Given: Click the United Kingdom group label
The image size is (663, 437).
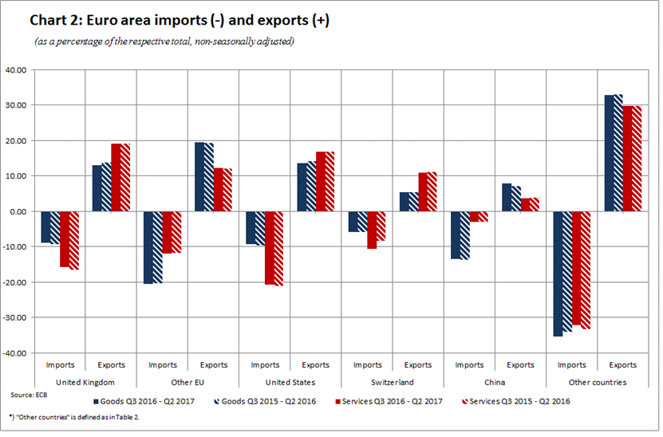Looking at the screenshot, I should [x=86, y=382].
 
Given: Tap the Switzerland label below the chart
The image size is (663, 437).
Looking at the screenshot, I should [x=393, y=382].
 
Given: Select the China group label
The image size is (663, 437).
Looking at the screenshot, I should [x=495, y=382].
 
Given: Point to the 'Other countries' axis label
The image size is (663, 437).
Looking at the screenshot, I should [x=597, y=382].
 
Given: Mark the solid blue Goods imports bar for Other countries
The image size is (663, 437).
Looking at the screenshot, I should [x=558, y=274].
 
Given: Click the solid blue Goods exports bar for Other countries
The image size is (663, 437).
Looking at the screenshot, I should [x=609, y=153].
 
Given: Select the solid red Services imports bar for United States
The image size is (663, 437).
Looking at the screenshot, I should [x=270, y=248].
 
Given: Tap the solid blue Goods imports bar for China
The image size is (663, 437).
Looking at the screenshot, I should [x=456, y=235].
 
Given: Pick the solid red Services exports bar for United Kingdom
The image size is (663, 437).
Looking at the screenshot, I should [x=116, y=177].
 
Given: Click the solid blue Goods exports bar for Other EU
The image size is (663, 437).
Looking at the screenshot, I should [x=200, y=177].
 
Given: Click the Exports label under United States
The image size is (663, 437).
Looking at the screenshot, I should [x=316, y=365].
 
